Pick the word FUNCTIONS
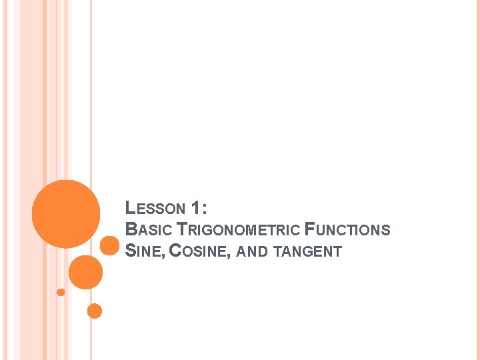[x=347, y=229]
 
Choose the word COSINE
[x=198, y=251]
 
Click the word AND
[x=252, y=251]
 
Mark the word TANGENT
[x=308, y=251]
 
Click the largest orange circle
[x=66, y=213]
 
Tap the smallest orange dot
[x=61, y=292]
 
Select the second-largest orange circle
[x=85, y=272]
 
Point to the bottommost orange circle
[x=95, y=311]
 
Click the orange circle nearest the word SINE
[x=109, y=245]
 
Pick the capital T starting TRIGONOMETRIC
[x=181, y=229]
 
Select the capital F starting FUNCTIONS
[x=309, y=229]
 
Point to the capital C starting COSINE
[x=175, y=251]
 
